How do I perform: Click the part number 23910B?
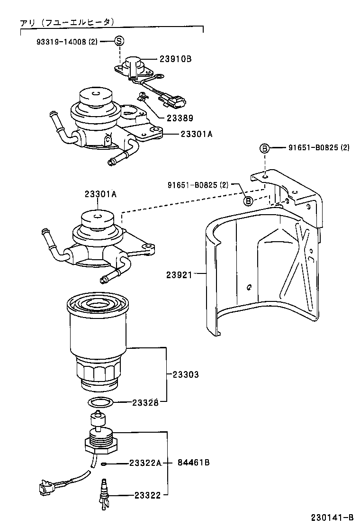point(175,59)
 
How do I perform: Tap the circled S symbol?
point(119,41)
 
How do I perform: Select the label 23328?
point(145,403)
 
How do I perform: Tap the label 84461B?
point(194,463)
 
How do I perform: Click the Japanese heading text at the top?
point(66,22)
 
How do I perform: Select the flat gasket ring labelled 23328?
point(101,403)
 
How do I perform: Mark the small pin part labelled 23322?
point(104,496)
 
